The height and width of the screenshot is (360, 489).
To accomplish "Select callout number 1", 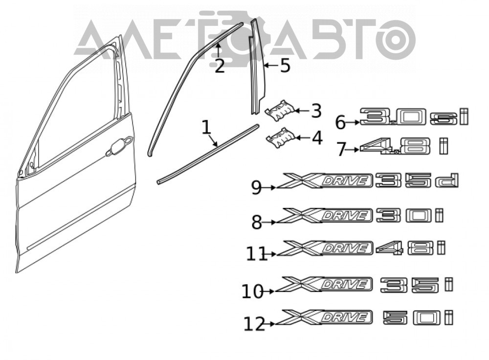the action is tap(206, 127).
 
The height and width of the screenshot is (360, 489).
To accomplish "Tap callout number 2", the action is tap(220, 66).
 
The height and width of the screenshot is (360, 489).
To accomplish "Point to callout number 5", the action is tap(285, 66).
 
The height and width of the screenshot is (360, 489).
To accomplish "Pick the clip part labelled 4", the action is tap(280, 137).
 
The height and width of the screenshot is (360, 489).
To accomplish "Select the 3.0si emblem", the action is tap(414, 117).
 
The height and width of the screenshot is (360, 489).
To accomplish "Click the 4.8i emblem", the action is tap(404, 146).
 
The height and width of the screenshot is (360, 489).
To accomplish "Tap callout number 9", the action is tap(256, 188).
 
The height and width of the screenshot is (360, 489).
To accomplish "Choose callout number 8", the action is tap(257, 223).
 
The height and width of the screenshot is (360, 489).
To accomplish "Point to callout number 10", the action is tap(253, 292).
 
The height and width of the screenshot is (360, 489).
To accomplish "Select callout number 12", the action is tap(254, 324).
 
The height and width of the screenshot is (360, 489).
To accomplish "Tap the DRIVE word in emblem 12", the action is tap(346, 317).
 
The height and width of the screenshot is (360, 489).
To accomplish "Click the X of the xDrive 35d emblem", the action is tap(300, 181).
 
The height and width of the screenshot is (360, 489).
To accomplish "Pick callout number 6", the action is tap(340, 122).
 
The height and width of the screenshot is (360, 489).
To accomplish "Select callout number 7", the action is tap(341, 149).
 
